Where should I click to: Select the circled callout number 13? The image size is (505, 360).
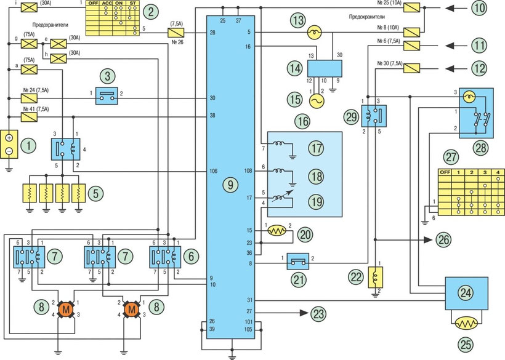[x=298, y=20]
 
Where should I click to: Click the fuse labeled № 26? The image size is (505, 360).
[x=176, y=32]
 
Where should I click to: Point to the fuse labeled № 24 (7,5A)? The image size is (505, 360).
[x=28, y=97]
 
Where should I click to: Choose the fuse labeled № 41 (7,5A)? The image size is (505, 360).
[x=28, y=115]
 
